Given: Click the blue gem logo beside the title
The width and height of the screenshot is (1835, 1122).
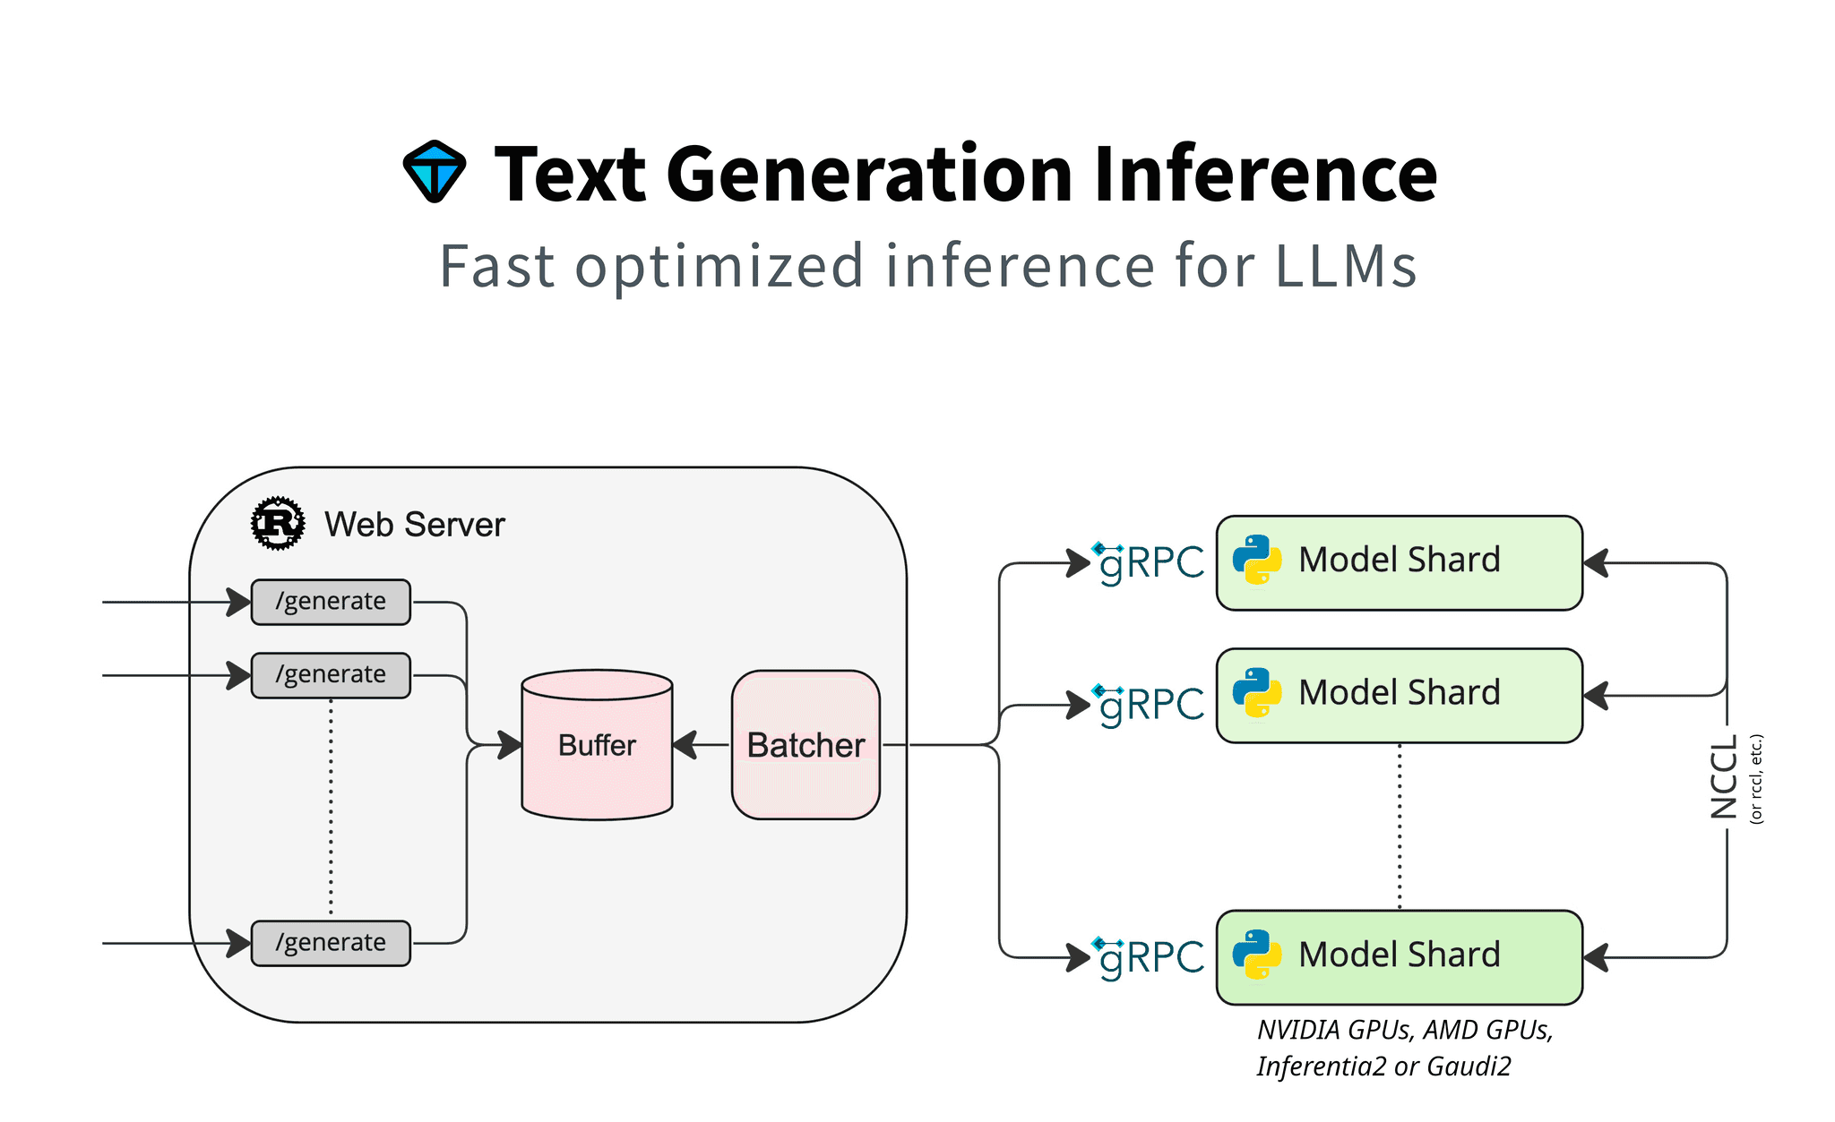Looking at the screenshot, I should click(x=435, y=171).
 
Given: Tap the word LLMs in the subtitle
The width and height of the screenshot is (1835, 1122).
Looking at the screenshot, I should click(x=1345, y=266).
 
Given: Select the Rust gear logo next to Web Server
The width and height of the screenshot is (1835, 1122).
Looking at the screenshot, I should click(x=278, y=523).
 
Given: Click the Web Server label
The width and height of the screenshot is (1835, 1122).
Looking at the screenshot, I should click(x=414, y=525).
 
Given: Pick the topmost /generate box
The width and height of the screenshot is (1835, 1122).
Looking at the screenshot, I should click(x=331, y=602).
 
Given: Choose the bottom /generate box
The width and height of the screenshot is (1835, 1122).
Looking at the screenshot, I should click(x=331, y=943).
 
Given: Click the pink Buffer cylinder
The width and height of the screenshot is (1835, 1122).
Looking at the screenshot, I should click(x=597, y=745).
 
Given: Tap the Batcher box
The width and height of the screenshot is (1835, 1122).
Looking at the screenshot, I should click(x=806, y=745).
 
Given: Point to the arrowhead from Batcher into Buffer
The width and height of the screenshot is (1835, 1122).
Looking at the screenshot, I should click(x=685, y=745).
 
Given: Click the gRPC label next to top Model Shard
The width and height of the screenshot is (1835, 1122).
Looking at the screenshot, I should click(x=1150, y=563).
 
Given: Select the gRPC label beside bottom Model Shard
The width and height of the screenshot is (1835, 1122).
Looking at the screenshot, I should click(x=1150, y=957).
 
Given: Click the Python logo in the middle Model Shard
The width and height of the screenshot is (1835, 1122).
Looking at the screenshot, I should click(x=1256, y=693).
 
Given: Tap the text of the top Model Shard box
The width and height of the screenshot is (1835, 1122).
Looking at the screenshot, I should click(x=1399, y=561).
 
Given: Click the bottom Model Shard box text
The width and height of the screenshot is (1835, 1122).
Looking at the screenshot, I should click(x=1399, y=955).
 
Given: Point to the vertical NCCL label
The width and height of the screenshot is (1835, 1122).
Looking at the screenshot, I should click(x=1724, y=776).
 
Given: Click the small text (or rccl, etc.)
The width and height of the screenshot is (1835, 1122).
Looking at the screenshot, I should click(x=1756, y=778).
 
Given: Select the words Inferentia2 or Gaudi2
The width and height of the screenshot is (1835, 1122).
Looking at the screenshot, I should click(x=1383, y=1066).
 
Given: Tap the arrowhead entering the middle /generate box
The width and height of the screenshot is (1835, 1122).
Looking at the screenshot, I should click(x=238, y=675).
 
